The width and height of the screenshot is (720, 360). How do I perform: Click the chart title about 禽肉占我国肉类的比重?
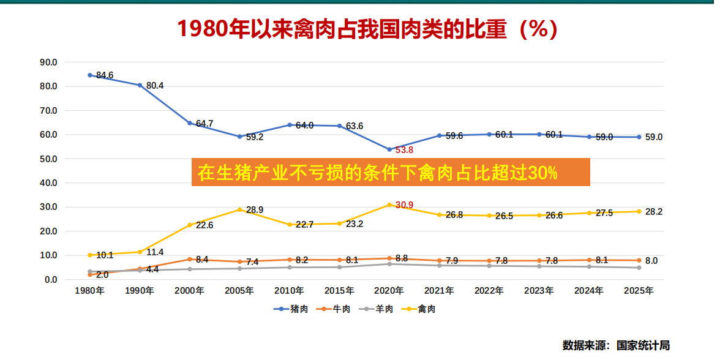coord(367,29)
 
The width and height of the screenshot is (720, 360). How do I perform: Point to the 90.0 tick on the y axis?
coord(48,62)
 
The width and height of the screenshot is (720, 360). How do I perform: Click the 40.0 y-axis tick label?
coord(48,182)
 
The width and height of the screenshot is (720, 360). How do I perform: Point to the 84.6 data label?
coord(105,75)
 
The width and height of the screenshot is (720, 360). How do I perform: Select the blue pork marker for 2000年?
coord(190,123)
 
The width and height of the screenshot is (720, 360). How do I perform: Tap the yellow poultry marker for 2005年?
coord(239,209)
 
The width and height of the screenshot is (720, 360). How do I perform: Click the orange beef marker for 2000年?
coord(190,259)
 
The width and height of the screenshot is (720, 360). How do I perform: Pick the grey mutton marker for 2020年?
coord(389,264)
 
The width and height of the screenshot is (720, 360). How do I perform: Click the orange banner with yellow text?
coord(391,172)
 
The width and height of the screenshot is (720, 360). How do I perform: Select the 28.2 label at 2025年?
coord(654,212)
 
